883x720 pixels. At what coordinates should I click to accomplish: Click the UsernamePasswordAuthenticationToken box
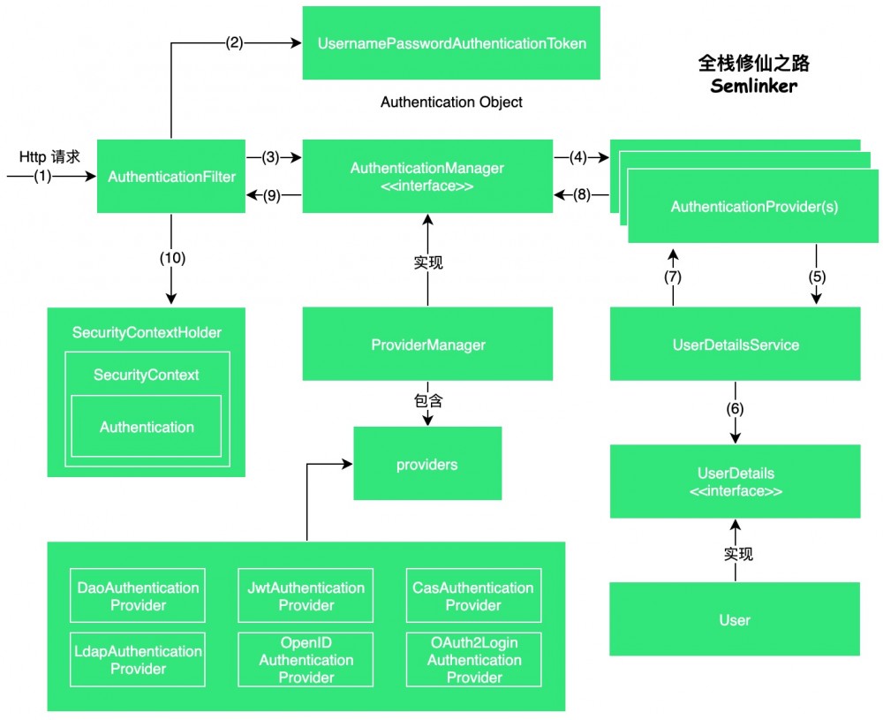pyautogui.click(x=451, y=42)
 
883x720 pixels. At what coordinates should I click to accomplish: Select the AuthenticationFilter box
pyautogui.click(x=171, y=177)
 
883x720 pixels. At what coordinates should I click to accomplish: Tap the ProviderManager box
pyautogui.click(x=427, y=345)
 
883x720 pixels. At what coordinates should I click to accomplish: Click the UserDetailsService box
pyautogui.click(x=735, y=345)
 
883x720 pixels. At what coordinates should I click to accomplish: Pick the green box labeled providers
pyautogui.click(x=427, y=464)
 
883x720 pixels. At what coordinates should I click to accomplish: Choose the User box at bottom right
pyautogui.click(x=735, y=619)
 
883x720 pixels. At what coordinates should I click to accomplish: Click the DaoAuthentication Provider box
pyautogui.click(x=138, y=596)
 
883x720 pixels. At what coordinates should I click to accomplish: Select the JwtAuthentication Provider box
pyautogui.click(x=306, y=596)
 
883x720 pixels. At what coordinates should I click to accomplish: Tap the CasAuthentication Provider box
pyautogui.click(x=473, y=596)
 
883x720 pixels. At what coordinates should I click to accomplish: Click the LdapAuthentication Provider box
pyautogui.click(x=138, y=660)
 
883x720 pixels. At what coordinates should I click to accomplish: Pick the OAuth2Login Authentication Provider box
pyautogui.click(x=473, y=660)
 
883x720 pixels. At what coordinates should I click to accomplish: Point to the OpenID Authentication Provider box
pyautogui.click(x=306, y=660)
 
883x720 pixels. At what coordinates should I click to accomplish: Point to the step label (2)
pyautogui.click(x=235, y=42)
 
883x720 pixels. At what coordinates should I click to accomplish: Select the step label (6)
pyautogui.click(x=735, y=410)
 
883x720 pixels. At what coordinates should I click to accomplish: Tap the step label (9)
pyautogui.click(x=272, y=196)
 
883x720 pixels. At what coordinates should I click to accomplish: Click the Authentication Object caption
pyautogui.click(x=451, y=102)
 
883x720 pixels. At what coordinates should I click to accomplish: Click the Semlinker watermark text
pyautogui.click(x=754, y=87)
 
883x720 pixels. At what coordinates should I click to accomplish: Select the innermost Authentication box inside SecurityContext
pyautogui.click(x=147, y=427)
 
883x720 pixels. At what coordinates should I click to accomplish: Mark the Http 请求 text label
pyautogui.click(x=49, y=156)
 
